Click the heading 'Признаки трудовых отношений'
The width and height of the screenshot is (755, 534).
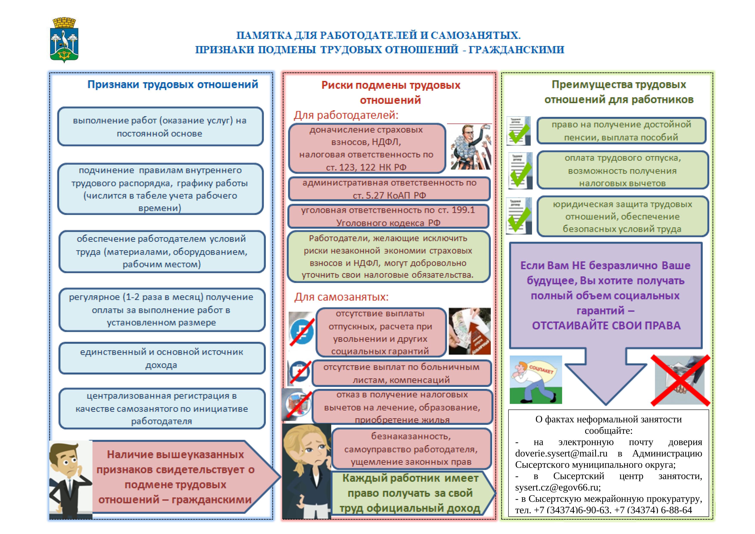click(173, 85)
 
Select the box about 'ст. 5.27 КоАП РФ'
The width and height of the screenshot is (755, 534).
click(389, 189)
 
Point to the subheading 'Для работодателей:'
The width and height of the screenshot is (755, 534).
click(346, 115)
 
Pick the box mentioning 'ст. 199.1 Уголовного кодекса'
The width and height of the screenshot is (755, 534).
click(388, 216)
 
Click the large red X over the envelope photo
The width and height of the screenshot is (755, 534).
click(680, 380)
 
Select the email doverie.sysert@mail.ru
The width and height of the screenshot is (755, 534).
click(561, 454)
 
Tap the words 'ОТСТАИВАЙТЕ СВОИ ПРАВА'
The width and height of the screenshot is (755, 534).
click(606, 325)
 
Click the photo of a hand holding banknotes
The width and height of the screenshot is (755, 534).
click(469, 331)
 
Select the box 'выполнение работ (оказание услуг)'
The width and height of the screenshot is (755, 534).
click(160, 127)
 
